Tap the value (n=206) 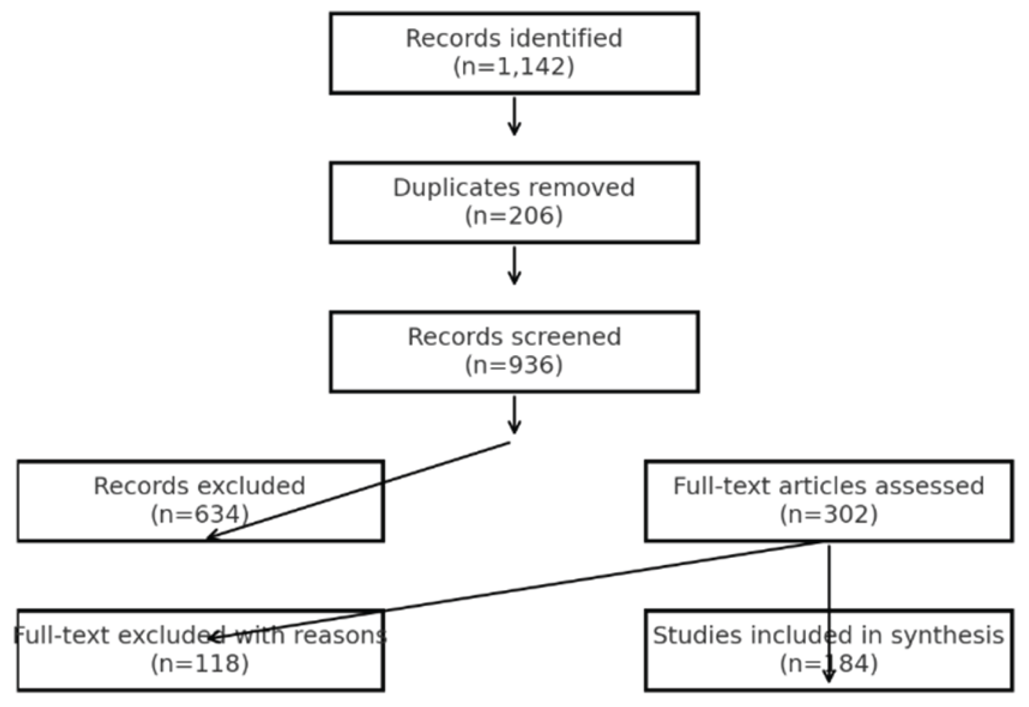coord(514,216)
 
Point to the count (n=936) coord(514,366)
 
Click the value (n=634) coord(200,514)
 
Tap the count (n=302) coord(829,514)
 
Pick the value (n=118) coord(200,664)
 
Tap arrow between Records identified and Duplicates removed coord(514,116)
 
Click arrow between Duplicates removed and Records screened coord(514,265)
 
